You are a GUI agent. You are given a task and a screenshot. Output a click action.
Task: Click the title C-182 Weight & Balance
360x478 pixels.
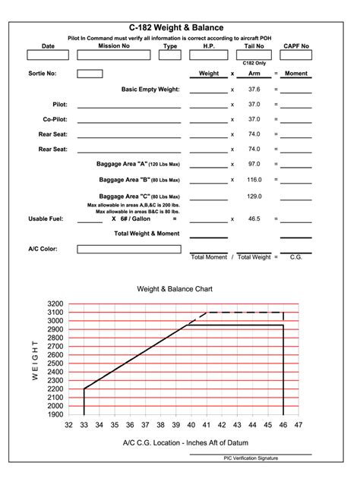pyautogui.click(x=180, y=27)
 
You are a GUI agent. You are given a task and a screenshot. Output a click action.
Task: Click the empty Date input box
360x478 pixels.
pyautogui.click(x=48, y=55)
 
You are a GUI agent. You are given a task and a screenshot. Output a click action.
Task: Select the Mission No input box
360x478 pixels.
pyautogui.click(x=114, y=55)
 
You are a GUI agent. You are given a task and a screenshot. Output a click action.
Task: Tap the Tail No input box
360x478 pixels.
pyautogui.click(x=254, y=55)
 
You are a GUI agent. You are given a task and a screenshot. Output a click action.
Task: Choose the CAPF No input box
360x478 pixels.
pyautogui.click(x=296, y=55)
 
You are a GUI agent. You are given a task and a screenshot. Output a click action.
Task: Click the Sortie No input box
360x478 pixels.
pyautogui.click(x=90, y=74)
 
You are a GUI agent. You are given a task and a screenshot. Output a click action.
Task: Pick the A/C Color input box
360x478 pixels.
pyautogui.click(x=129, y=249)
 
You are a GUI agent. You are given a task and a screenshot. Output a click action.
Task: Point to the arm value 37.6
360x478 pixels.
pyautogui.click(x=254, y=89)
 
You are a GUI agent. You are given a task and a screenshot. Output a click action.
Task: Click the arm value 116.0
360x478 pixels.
pyautogui.click(x=254, y=180)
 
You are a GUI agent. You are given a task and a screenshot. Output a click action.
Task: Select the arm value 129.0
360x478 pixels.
pyautogui.click(x=254, y=196)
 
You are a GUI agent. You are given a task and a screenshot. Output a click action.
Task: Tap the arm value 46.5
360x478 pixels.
pyautogui.click(x=254, y=219)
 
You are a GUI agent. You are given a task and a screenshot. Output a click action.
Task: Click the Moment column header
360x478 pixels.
pyautogui.click(x=296, y=74)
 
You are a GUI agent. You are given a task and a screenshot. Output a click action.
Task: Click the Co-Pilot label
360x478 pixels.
pyautogui.click(x=55, y=119)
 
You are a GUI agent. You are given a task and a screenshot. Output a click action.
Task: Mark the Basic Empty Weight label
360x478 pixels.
pyautogui.click(x=150, y=89)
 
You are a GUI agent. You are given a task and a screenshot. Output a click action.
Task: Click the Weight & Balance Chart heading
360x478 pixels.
pyautogui.click(x=175, y=289)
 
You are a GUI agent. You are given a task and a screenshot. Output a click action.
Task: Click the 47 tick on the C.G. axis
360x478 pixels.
pyautogui.click(x=298, y=425)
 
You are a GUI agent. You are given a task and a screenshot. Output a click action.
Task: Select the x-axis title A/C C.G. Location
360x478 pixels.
pyautogui.click(x=185, y=442)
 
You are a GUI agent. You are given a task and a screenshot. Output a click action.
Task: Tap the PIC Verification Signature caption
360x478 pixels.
pyautogui.click(x=251, y=458)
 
